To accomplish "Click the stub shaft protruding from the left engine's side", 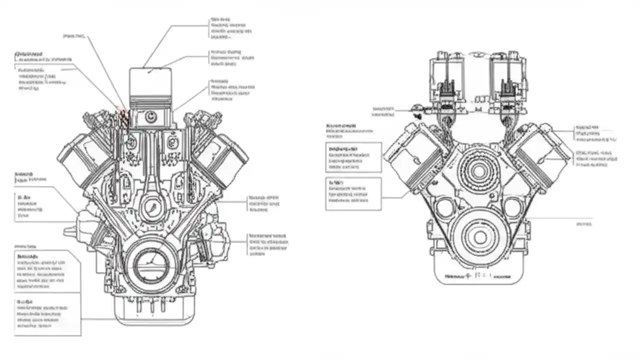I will click(70, 231).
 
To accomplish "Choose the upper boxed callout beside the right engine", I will click(353, 157).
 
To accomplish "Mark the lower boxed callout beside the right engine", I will click(353, 193).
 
